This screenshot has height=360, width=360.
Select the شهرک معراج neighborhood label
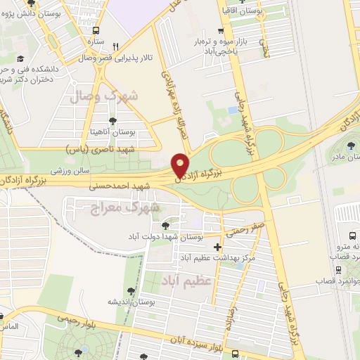(126, 207)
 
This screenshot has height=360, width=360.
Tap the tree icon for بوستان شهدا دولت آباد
(164, 226)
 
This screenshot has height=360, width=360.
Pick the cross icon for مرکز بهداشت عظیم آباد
(217, 247)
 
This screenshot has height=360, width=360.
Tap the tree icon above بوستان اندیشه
(131, 290)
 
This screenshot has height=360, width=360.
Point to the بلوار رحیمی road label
(67, 323)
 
